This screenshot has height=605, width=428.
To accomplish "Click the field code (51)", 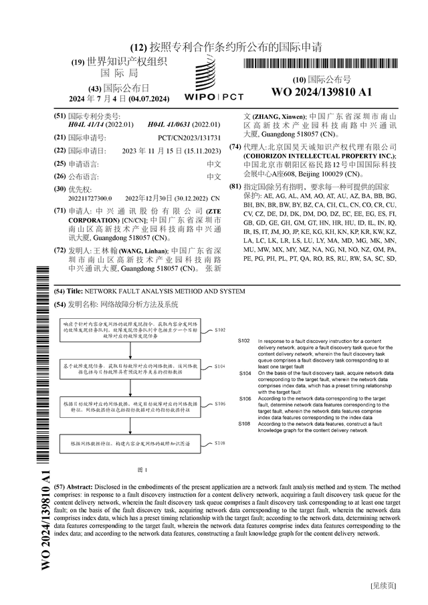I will (x=60, y=116).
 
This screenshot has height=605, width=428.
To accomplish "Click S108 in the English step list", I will (x=245, y=424).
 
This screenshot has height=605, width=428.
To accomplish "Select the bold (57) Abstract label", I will (x=72, y=487).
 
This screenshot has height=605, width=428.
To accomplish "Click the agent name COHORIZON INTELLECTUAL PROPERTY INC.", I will (x=314, y=155).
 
